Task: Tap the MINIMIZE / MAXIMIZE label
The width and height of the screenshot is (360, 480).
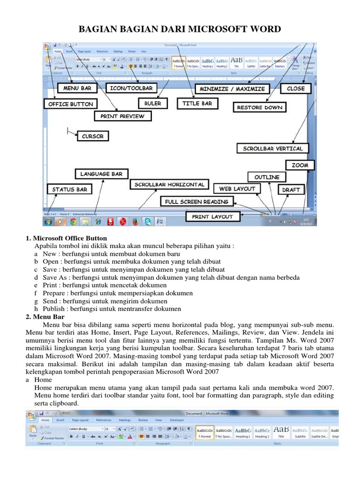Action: (x=232, y=89)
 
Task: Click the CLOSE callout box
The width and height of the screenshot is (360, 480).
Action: (x=295, y=88)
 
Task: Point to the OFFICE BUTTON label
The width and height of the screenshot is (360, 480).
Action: (x=71, y=104)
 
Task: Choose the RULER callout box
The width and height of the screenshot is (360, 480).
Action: (x=152, y=104)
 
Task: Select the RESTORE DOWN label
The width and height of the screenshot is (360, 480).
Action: (x=259, y=107)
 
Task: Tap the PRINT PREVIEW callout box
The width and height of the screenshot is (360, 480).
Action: (x=122, y=116)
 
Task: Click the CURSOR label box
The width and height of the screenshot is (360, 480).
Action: (x=92, y=136)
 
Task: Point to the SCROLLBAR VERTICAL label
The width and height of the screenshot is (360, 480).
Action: (x=272, y=149)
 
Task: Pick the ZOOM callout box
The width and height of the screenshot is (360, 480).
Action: (x=300, y=165)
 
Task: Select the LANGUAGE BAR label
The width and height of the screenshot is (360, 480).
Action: (x=101, y=174)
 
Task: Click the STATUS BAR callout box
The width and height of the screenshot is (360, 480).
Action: (x=69, y=189)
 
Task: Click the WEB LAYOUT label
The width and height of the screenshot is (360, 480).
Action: (x=237, y=188)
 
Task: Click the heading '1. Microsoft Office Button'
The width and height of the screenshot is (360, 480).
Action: (x=66, y=239)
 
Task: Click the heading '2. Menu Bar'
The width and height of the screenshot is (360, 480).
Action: (x=45, y=317)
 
